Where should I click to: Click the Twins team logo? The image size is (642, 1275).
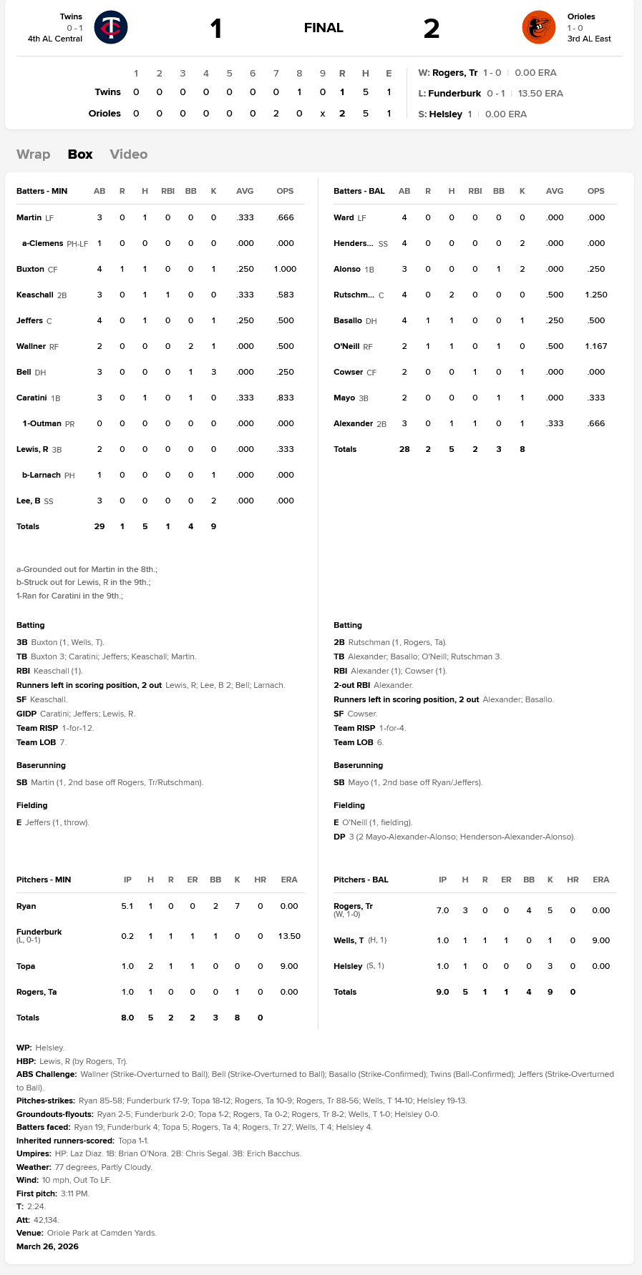tap(111, 27)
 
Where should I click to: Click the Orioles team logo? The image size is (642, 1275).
tap(538, 27)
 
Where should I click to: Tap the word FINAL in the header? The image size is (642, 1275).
tap(324, 28)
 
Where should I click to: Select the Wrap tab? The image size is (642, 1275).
tap(33, 154)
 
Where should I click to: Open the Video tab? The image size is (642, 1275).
tap(129, 154)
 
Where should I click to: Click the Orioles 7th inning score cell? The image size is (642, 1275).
tap(276, 113)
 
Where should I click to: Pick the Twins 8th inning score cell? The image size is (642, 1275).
tap(299, 92)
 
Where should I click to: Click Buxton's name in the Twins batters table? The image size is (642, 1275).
tap(30, 269)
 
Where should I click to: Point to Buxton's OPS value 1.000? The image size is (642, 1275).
tap(285, 269)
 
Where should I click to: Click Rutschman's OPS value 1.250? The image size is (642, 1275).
tap(596, 295)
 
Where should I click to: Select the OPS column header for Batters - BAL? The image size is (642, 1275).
tap(596, 191)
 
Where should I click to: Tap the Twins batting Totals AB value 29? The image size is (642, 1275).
tap(99, 526)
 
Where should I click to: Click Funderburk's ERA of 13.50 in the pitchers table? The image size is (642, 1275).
tap(289, 936)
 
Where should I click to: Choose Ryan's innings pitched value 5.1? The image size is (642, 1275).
tap(127, 906)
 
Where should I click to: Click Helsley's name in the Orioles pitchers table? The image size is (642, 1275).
tap(348, 966)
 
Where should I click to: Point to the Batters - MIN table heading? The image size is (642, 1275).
tap(42, 191)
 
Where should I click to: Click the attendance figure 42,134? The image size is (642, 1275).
tap(46, 1220)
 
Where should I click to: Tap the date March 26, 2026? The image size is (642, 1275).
tap(47, 1246)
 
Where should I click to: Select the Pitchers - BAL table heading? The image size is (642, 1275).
tap(361, 880)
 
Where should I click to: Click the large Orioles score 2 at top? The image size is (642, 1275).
tap(431, 29)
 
